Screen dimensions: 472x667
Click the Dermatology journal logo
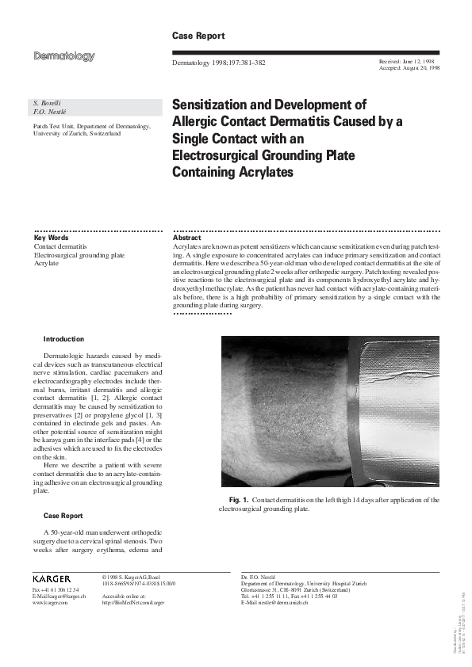point(64,56)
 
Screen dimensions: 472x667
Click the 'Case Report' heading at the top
point(198,36)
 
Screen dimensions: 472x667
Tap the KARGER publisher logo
point(52,579)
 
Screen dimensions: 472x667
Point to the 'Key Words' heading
point(51,238)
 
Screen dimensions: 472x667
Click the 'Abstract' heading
point(187,238)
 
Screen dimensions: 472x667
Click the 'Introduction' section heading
point(63,338)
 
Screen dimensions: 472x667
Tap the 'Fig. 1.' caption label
point(239,500)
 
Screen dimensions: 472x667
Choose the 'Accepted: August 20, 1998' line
point(410,68)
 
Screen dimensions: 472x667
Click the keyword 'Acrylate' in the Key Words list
point(46,263)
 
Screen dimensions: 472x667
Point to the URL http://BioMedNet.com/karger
point(133,603)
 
